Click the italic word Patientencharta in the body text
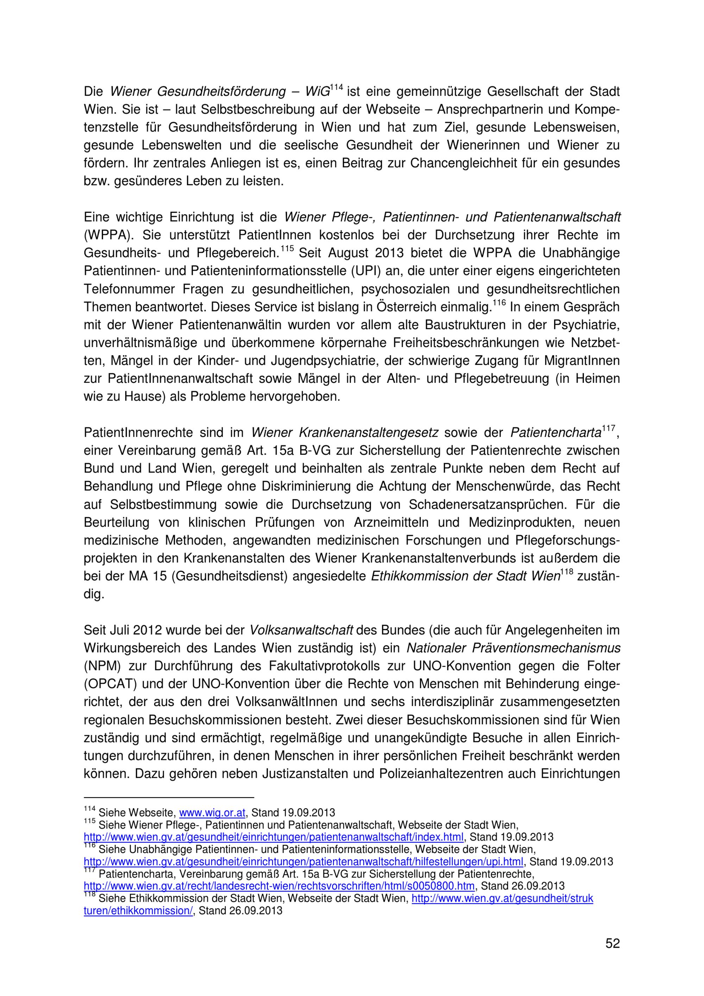[x=556, y=433]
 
